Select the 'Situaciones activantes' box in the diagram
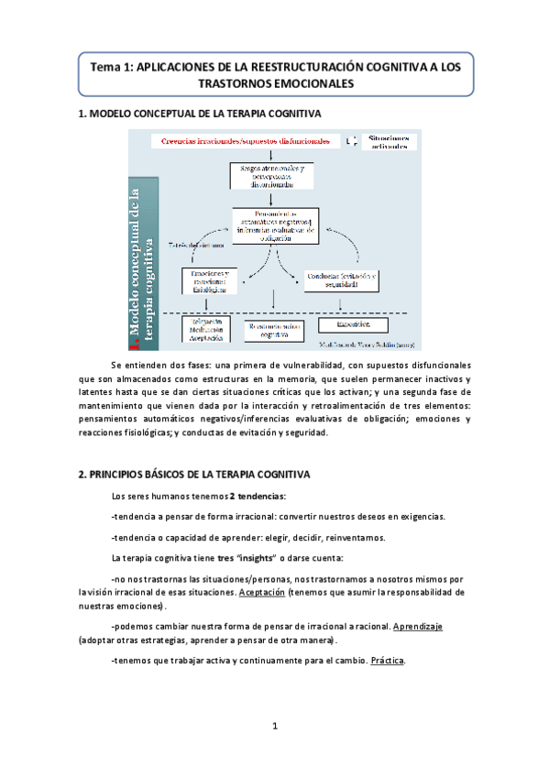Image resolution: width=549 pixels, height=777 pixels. (389, 141)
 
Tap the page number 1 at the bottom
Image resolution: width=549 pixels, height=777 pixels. (274, 727)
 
